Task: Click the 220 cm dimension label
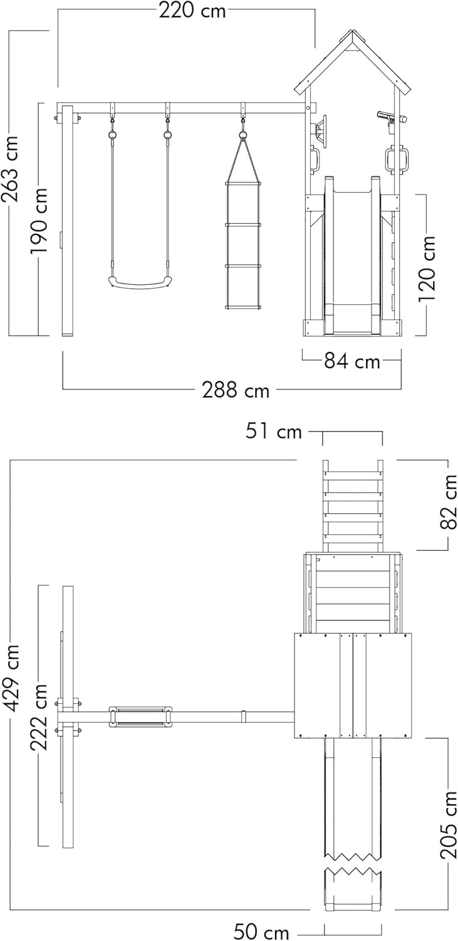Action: tap(192, 10)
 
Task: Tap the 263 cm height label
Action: tap(11, 169)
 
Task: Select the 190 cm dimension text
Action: tap(39, 221)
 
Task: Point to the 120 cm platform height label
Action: tap(427, 268)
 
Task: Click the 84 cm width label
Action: tap(351, 361)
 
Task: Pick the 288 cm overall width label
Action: tap(236, 390)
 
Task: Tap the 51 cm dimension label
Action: tap(273, 432)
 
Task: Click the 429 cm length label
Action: tap(11, 678)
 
